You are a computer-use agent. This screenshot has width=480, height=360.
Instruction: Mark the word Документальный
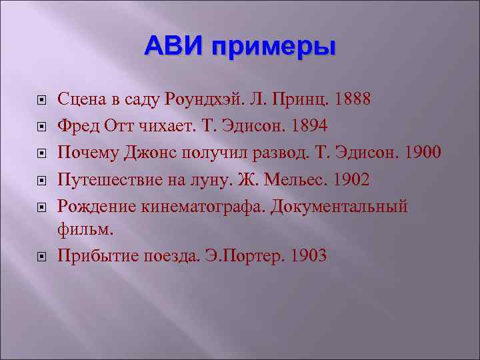[x=339, y=205]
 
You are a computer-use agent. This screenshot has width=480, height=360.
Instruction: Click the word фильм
[x=85, y=231]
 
